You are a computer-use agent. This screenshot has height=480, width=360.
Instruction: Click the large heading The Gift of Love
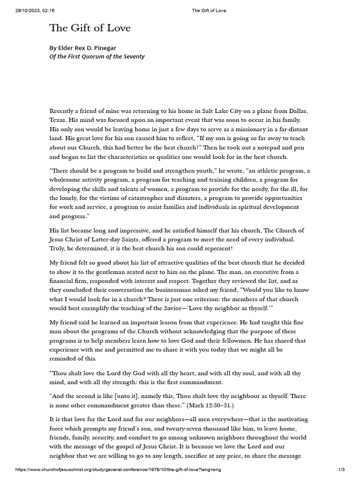(90, 29)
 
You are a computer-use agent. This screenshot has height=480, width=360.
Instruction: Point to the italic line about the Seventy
(97, 57)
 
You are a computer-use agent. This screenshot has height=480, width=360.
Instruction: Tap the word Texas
(58, 120)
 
